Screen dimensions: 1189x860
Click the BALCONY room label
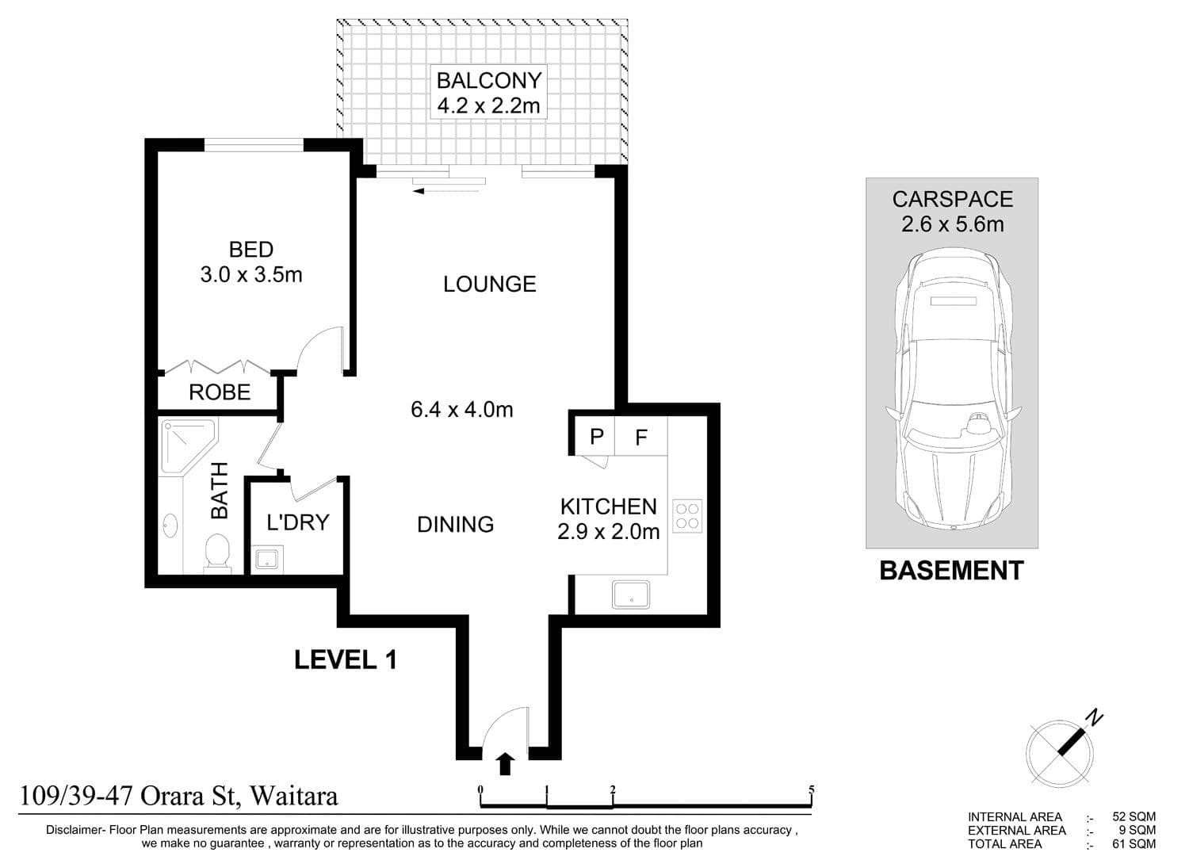[488, 81]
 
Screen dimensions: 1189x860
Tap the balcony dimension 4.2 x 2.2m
[488, 105]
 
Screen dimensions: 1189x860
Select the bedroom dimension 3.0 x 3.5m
[251, 274]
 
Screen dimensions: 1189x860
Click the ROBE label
[220, 392]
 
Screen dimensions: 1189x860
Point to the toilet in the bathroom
[217, 553]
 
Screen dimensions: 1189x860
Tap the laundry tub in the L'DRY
[266, 559]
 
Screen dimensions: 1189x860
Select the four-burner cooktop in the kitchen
[687, 516]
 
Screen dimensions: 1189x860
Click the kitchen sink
[631, 594]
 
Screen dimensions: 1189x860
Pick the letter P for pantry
[597, 437]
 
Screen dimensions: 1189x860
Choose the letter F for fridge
[641, 438]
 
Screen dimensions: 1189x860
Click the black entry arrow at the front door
[506, 764]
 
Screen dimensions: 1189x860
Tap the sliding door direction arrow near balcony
[445, 191]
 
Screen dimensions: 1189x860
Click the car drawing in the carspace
[953, 389]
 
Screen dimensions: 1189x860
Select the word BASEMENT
[951, 571]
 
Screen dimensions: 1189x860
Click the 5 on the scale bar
[811, 789]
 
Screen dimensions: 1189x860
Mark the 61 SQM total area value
[1134, 843]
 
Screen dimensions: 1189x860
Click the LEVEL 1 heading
[345, 660]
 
